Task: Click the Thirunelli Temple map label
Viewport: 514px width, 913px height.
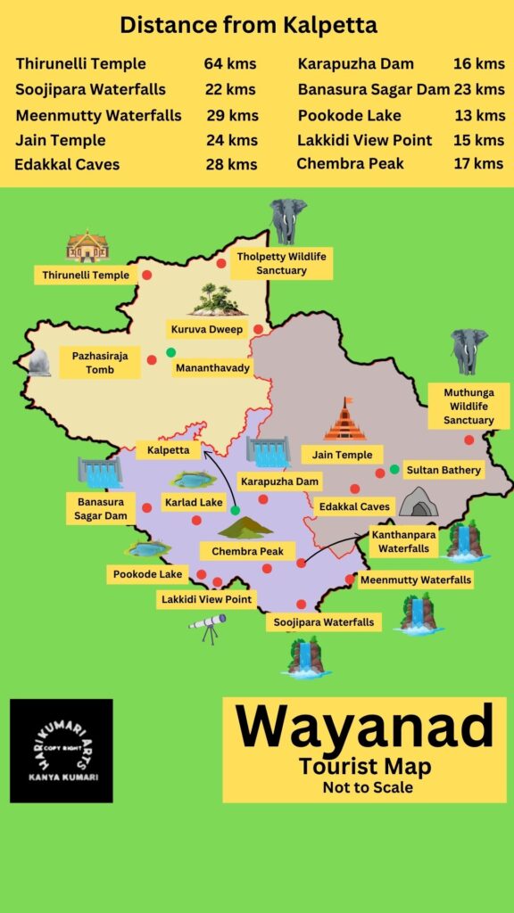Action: pyautogui.click(x=86, y=276)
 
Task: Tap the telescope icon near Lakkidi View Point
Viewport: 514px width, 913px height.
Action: pyautogui.click(x=207, y=629)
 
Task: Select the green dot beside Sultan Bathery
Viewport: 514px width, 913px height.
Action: pyautogui.click(x=394, y=469)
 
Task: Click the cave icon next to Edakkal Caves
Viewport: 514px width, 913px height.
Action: pyautogui.click(x=418, y=504)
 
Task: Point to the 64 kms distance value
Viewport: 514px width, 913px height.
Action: pyautogui.click(x=229, y=64)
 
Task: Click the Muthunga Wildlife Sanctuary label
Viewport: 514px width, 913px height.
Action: pyautogui.click(x=468, y=406)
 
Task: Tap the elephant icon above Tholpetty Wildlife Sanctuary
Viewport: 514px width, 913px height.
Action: pyautogui.click(x=287, y=220)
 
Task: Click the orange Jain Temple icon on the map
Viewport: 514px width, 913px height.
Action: pyautogui.click(x=345, y=420)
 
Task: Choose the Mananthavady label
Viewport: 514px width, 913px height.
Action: pyautogui.click(x=213, y=366)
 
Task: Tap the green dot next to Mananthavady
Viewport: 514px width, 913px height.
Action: pyautogui.click(x=171, y=352)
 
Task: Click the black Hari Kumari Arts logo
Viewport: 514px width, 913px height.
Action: pyautogui.click(x=62, y=751)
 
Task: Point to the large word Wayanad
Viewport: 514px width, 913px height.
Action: pyautogui.click(x=364, y=726)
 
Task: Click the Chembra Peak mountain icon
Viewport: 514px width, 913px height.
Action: pyautogui.click(x=245, y=528)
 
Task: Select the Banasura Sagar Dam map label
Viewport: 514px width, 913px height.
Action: pyautogui.click(x=100, y=508)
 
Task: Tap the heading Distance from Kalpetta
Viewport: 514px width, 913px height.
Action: pyautogui.click(x=249, y=25)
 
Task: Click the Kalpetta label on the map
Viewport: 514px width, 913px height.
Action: pyautogui.click(x=169, y=450)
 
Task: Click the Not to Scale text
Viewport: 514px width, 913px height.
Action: pyautogui.click(x=368, y=787)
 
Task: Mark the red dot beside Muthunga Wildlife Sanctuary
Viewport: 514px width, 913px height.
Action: pyautogui.click(x=468, y=440)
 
